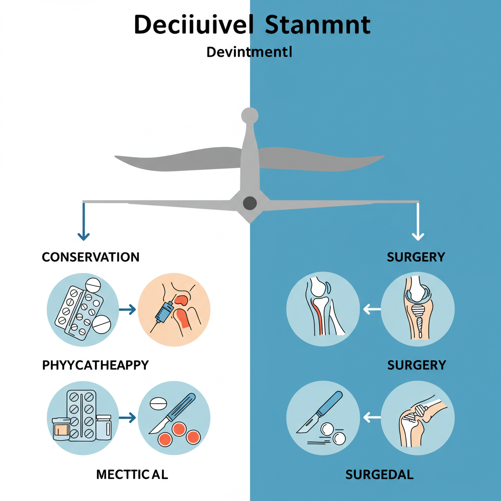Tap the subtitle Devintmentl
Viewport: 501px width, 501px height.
(249, 52)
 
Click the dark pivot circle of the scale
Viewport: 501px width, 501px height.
(250, 203)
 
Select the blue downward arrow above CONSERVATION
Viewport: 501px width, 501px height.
(84, 222)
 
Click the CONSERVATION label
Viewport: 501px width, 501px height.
(91, 257)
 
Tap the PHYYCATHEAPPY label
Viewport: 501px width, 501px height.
(95, 365)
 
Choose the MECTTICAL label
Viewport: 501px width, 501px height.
(132, 474)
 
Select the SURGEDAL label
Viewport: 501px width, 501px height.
(379, 474)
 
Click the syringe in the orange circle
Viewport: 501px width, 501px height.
(164, 313)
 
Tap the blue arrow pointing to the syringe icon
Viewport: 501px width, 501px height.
(128, 309)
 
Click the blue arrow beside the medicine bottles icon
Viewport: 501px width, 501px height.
(128, 417)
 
